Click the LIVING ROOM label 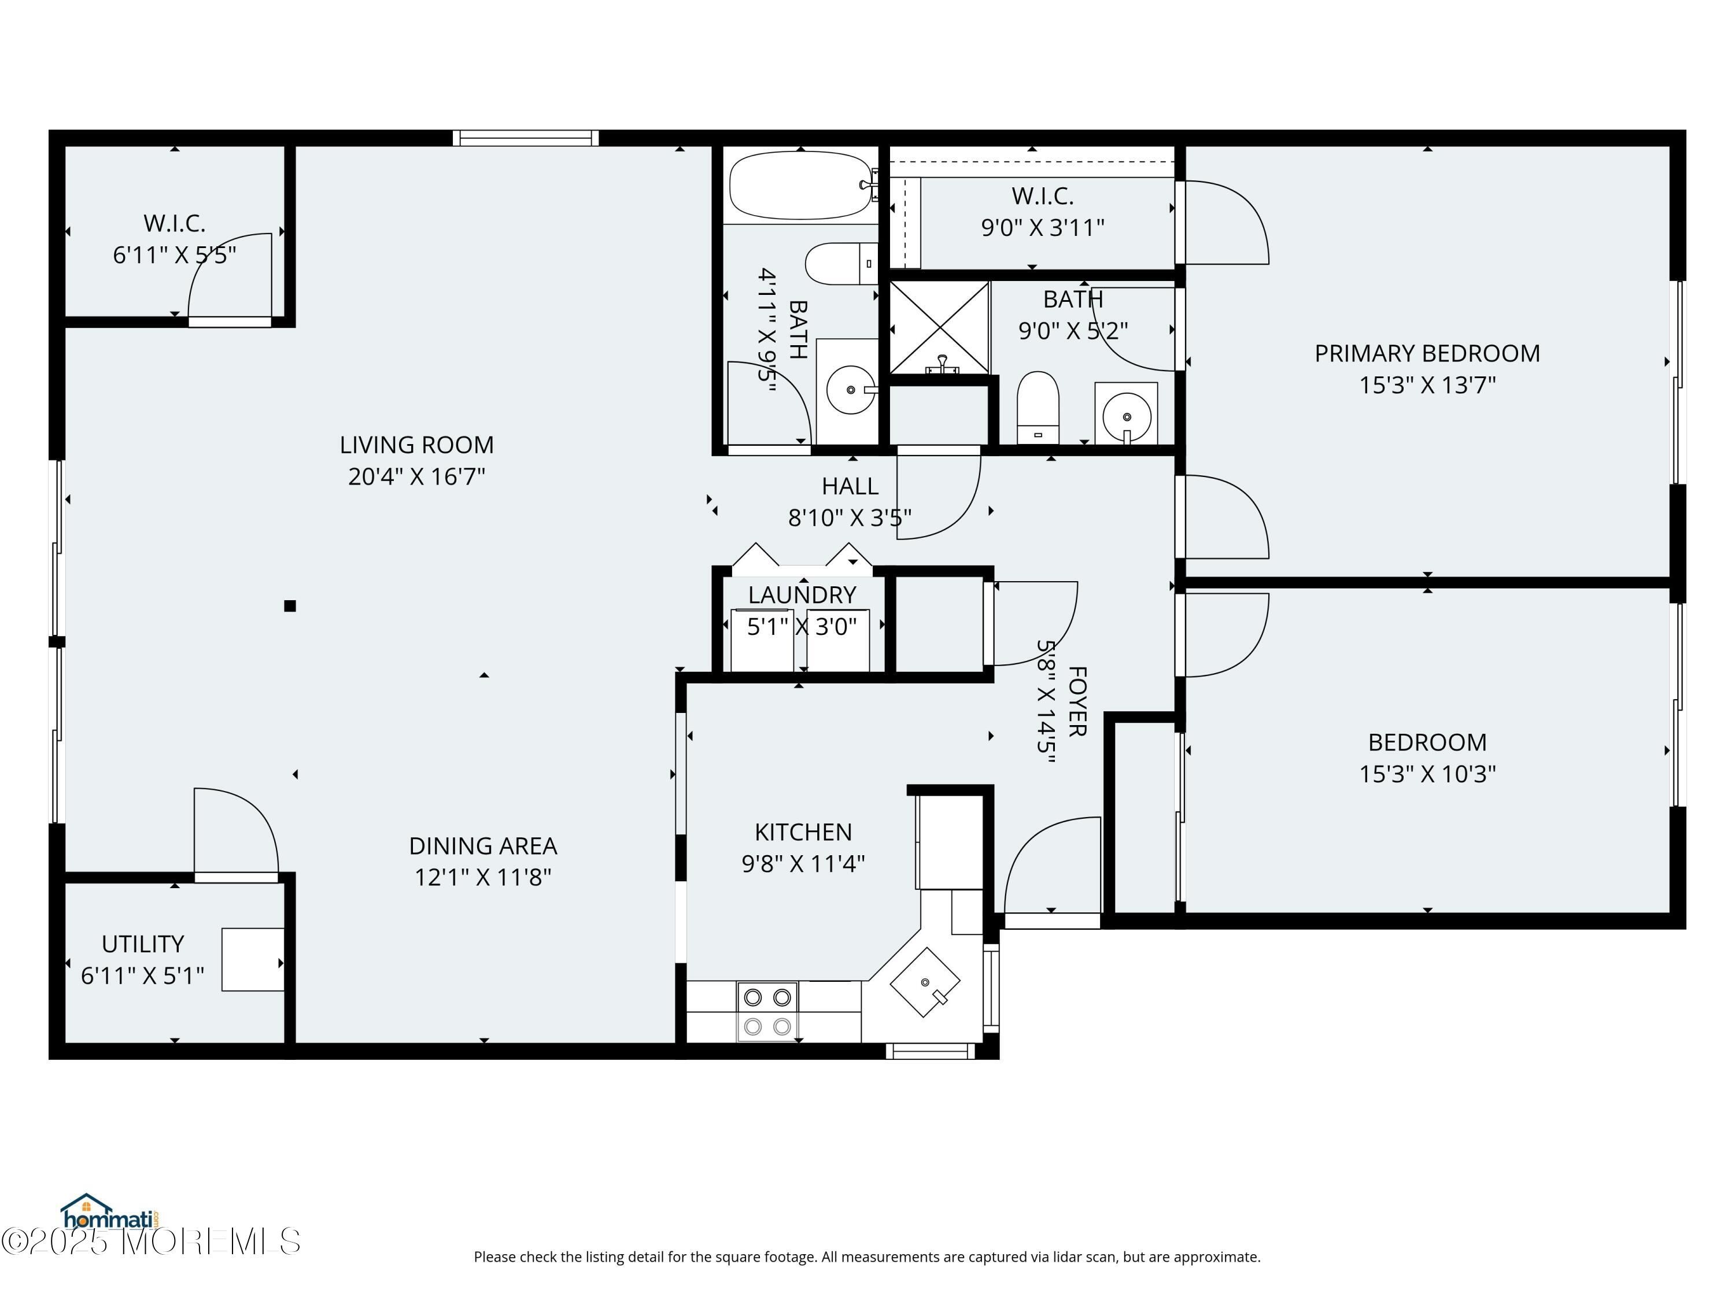pos(416,445)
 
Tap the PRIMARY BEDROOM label pos(1427,354)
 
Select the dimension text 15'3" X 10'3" pos(1427,774)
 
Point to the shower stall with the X pos(939,328)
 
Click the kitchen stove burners pos(767,1012)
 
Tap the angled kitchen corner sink pos(925,982)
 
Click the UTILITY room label pos(143,944)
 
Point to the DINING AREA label pos(483,846)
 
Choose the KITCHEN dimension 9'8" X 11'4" pos(803,863)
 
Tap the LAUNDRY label pos(802,595)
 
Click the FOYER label pos(1077,702)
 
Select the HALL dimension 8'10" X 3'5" pos(850,518)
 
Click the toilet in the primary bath pos(1038,408)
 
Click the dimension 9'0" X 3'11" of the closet pos(1042,227)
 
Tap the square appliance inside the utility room pos(253,960)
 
